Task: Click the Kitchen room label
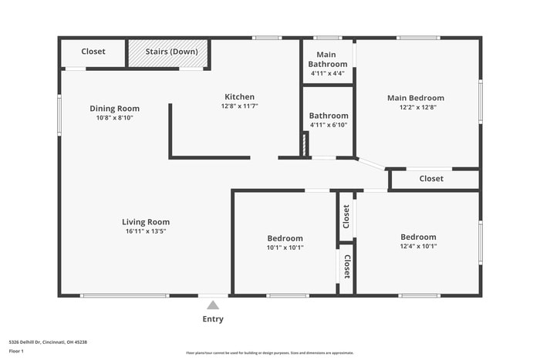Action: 239,97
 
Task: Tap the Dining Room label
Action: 114,109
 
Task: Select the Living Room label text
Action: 146,222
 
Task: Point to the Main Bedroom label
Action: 416,98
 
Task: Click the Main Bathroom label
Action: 327,59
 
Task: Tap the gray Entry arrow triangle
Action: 213,305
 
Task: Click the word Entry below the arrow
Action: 213,319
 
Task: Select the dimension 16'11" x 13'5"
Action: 146,231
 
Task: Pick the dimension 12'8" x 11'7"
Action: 239,106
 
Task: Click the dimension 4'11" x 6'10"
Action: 329,125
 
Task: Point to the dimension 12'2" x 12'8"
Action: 416,108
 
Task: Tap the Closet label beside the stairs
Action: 93,52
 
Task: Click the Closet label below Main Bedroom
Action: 431,179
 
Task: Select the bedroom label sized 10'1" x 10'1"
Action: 285,238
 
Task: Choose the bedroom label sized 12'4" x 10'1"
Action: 418,237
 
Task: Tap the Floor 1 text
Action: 16,351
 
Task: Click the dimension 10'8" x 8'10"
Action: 114,118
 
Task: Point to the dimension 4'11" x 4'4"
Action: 327,73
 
